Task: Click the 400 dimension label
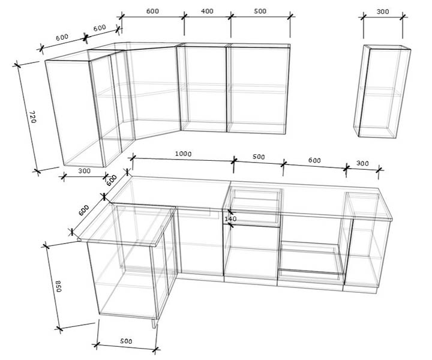pyautogui.click(x=207, y=11)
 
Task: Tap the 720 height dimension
pyautogui.click(x=32, y=117)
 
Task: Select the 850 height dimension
pyautogui.click(x=59, y=286)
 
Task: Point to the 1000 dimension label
pyautogui.click(x=183, y=154)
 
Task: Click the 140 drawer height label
pyautogui.click(x=230, y=218)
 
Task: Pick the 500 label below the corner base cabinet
pyautogui.click(x=126, y=341)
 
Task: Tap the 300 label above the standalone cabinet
pyautogui.click(x=383, y=11)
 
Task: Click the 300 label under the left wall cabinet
pyautogui.click(x=84, y=171)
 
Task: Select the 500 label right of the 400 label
pyautogui.click(x=260, y=11)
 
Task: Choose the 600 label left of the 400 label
pyautogui.click(x=152, y=11)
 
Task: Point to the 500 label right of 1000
pyautogui.click(x=259, y=157)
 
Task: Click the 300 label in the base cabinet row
pyautogui.click(x=362, y=163)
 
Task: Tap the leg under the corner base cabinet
pyautogui.click(x=155, y=323)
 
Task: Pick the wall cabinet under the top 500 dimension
pyautogui.click(x=258, y=89)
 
